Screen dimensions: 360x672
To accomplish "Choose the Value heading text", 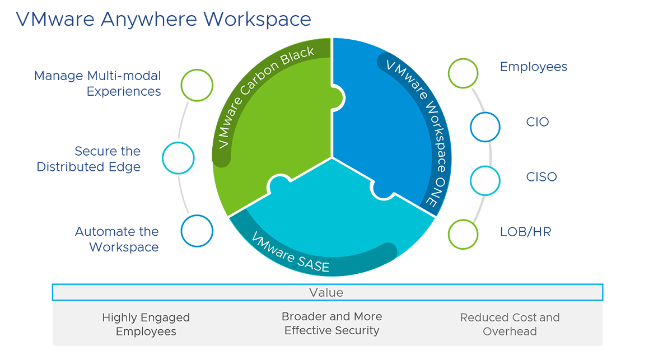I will click(326, 293).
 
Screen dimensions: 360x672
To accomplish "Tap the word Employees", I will click(146, 331).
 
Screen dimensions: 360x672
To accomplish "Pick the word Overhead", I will click(510, 331).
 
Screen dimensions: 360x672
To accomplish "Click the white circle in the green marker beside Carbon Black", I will click(197, 86).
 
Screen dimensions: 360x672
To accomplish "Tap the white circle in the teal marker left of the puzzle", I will click(179, 158).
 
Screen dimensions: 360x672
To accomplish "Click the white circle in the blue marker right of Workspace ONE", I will click(485, 127).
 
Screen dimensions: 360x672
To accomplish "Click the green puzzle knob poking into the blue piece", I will click(338, 96).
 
